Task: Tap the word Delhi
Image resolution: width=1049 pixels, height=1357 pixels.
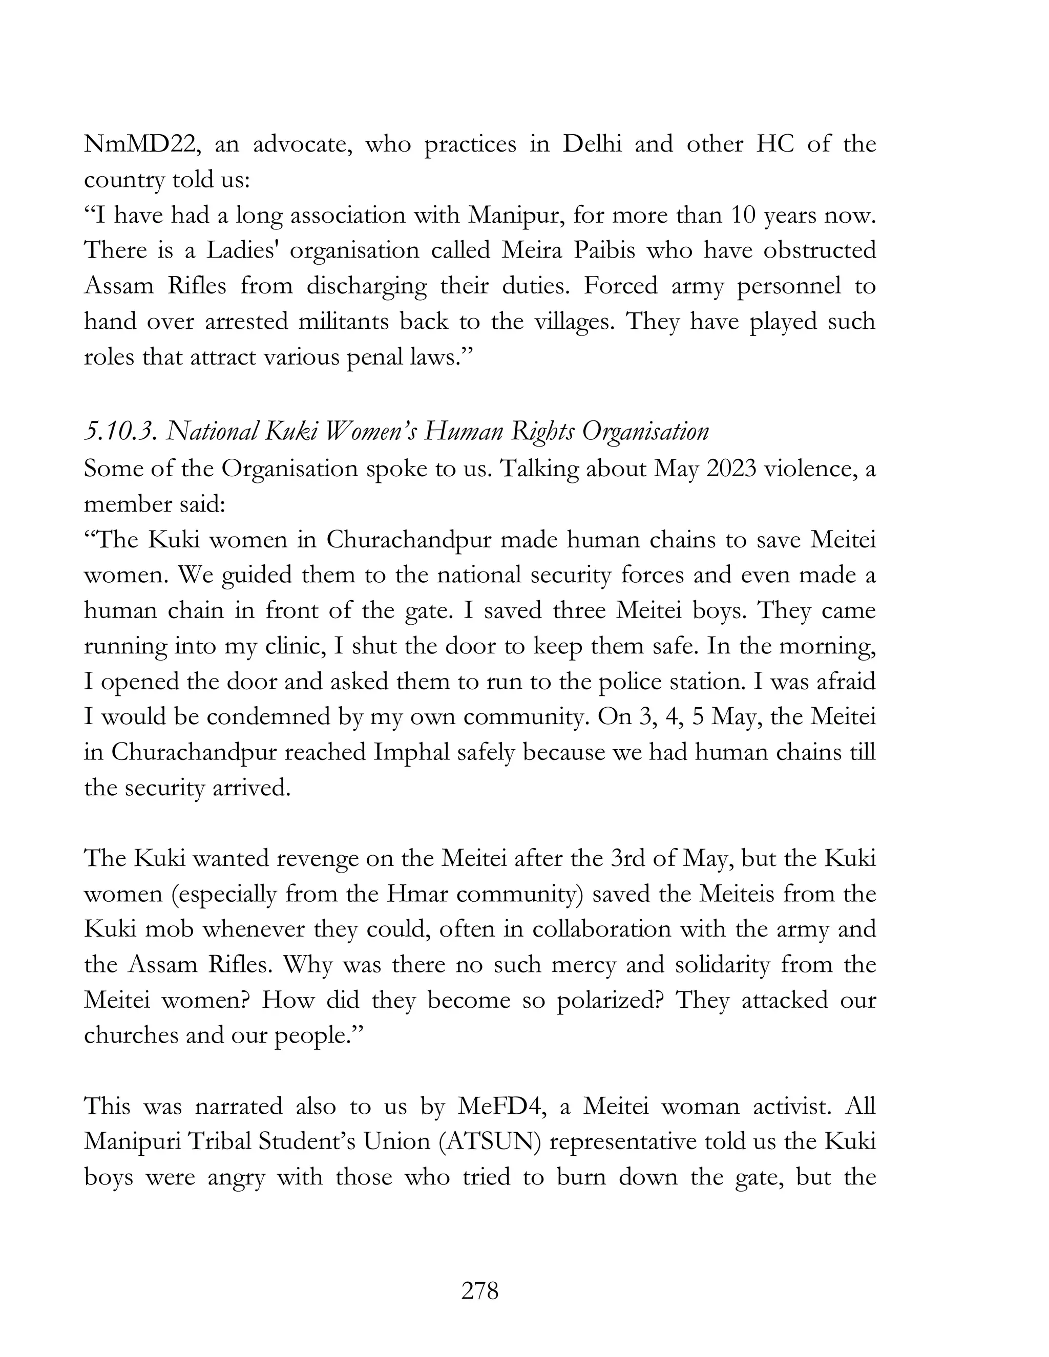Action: [592, 144]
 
